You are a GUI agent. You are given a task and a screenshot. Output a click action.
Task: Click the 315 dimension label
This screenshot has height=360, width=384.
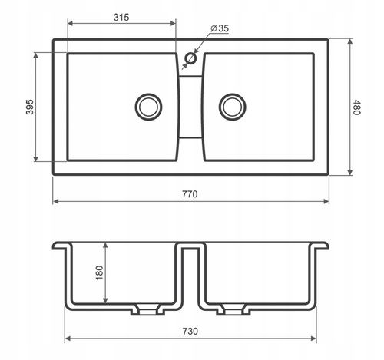pos(121,18)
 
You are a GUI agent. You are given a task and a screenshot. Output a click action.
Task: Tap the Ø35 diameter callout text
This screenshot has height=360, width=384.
pos(220,28)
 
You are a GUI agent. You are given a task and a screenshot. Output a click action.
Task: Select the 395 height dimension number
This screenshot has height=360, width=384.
pos(30,107)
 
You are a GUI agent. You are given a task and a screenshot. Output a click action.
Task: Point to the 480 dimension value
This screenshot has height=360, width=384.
pos(356,107)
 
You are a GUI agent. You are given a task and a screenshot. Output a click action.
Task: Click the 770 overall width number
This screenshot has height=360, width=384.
pos(190,194)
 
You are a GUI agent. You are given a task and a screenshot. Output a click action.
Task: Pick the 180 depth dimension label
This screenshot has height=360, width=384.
pos(99,272)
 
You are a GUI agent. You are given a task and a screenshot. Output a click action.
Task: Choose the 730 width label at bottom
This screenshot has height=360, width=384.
pos(190,332)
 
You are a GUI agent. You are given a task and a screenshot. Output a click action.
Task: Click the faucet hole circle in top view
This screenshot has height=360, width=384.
pos(190,58)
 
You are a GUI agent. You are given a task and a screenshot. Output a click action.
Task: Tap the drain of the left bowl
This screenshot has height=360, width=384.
pos(148,107)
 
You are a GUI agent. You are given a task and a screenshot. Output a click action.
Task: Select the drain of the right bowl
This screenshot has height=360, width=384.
pos(233,107)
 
